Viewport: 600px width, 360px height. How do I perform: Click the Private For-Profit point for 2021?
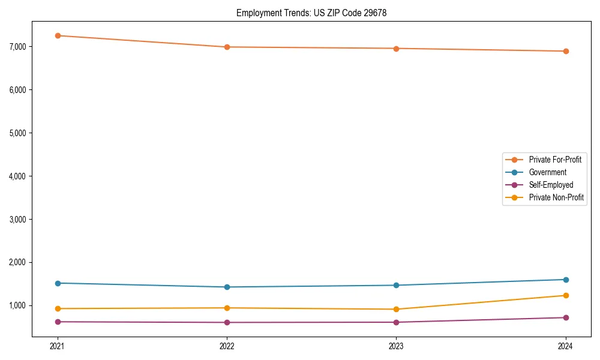pos(58,35)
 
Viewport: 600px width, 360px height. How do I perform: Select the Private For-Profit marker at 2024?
pos(566,51)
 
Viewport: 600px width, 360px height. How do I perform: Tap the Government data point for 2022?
pos(227,287)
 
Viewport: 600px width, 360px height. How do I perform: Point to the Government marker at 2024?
pos(566,280)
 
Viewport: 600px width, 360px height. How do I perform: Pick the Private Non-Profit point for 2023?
pos(397,309)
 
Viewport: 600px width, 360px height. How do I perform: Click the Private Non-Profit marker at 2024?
pos(566,295)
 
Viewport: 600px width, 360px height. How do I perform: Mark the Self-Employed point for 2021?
pos(58,322)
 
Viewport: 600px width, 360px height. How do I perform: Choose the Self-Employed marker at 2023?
pos(397,322)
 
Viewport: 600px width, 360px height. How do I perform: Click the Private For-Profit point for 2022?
pos(227,47)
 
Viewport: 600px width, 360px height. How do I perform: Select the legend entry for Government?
pos(547,172)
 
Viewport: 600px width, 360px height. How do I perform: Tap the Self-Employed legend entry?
pos(551,185)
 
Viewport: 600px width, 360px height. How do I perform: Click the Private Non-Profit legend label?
pos(556,197)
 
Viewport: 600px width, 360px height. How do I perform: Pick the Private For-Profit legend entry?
pos(554,160)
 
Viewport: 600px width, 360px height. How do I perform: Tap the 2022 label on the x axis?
pos(227,346)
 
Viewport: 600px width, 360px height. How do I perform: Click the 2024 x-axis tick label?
pos(566,346)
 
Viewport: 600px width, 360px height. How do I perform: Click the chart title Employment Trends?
pos(274,13)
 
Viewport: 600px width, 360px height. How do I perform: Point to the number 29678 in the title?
pos(375,13)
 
